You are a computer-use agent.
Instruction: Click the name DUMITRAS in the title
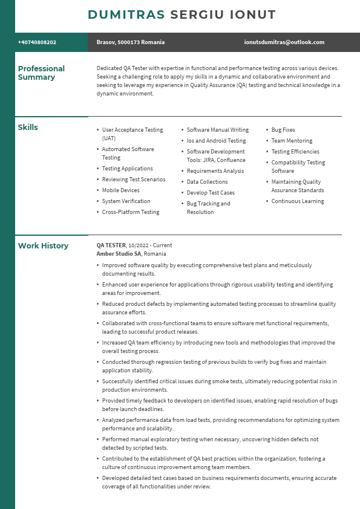pos(126,15)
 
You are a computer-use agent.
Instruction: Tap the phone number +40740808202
pos(37,42)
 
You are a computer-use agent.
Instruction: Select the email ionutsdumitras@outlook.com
pos(284,42)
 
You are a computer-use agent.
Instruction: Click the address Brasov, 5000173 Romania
pos(130,42)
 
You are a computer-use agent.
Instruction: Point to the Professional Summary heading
pos(41,73)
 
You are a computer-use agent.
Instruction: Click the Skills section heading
pos(28,128)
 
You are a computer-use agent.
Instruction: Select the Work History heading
pos(43,246)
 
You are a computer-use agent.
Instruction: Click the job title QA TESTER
pos(111,245)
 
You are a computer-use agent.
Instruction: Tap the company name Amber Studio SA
pos(119,254)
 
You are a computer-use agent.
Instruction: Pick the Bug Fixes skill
pos(283,130)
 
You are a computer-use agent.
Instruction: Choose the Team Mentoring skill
pos(292,141)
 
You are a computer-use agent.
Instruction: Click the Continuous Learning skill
pos(298,201)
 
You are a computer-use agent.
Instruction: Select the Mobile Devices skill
pos(120,190)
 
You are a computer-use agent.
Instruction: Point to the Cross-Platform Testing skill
pos(131,212)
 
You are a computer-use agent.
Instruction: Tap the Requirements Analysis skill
pos(215,171)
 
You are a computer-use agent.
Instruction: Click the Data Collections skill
pos(207,182)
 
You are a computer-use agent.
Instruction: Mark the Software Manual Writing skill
pos(218,130)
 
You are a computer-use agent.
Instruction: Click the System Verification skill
pos(126,201)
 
